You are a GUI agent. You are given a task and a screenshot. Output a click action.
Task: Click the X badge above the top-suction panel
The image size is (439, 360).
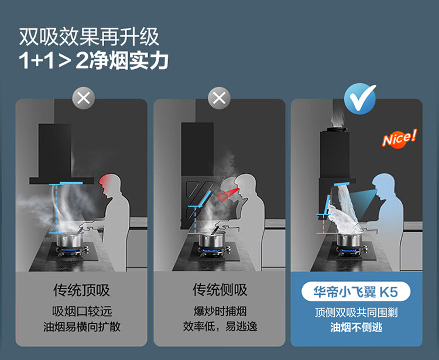84,98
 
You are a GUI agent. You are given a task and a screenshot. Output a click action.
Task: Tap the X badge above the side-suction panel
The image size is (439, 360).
220,98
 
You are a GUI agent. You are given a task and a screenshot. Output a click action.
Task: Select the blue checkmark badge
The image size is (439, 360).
360,99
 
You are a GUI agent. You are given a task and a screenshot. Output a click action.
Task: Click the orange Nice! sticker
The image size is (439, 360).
399,138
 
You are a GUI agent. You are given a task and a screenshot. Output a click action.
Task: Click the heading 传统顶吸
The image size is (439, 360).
81,290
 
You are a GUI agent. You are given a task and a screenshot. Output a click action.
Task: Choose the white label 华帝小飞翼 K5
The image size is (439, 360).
356,292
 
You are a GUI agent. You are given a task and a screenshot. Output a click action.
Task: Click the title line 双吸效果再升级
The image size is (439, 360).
89,37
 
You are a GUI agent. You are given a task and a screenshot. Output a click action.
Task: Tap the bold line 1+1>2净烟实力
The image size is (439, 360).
94,60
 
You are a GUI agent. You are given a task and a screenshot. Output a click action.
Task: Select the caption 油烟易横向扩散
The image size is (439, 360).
82,327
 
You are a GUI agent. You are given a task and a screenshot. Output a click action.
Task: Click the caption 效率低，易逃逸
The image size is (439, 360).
220,327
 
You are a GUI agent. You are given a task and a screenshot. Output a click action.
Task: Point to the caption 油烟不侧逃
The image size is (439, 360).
356,327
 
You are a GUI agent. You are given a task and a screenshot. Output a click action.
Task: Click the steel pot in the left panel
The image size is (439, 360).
70,240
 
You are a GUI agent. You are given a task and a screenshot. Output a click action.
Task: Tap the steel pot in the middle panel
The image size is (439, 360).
212,240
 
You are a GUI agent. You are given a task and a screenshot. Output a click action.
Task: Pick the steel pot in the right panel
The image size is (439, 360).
349,240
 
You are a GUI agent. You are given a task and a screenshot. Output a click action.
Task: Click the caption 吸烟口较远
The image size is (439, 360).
82,311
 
